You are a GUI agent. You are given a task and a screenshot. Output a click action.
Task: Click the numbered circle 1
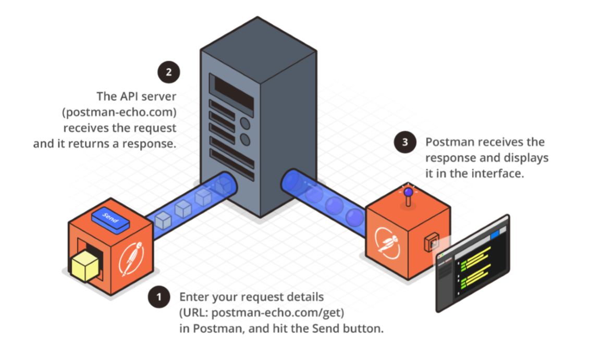click(159, 297)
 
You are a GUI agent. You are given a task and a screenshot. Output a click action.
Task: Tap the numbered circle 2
click(168, 72)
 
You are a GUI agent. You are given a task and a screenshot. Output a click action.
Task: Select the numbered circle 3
click(404, 142)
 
